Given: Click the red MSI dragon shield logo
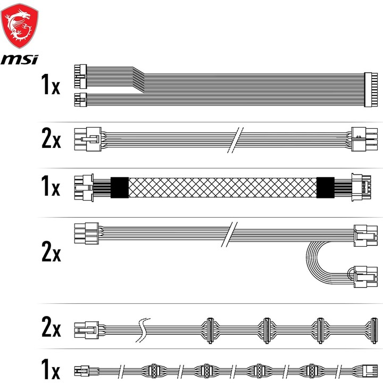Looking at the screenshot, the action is click(x=20, y=26).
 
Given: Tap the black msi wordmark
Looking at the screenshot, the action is click(x=20, y=60).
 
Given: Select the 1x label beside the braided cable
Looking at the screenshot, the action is click(x=51, y=186).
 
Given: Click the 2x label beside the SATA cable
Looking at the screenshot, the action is click(x=51, y=327).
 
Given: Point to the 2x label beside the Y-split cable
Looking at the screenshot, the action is click(x=51, y=251).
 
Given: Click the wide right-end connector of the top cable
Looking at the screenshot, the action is click(x=371, y=90).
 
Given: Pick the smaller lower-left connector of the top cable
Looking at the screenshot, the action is click(x=80, y=99).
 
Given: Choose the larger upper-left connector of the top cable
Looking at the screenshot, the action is click(x=80, y=76).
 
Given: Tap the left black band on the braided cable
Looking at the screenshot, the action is click(x=120, y=188).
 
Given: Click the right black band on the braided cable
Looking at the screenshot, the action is click(x=326, y=188).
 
